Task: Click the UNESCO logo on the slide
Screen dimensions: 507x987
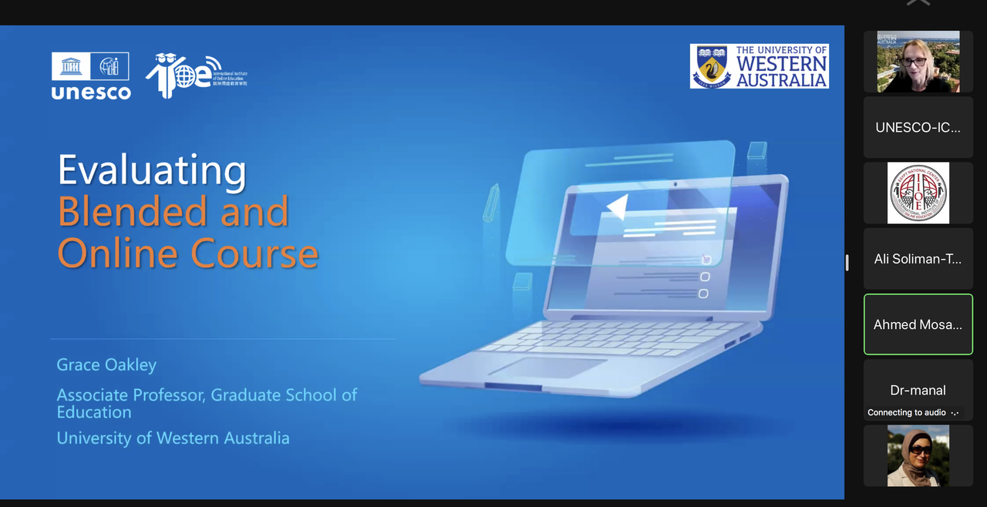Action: click(91, 76)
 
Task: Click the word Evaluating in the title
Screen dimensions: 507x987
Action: click(152, 170)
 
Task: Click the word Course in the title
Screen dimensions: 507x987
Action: click(254, 253)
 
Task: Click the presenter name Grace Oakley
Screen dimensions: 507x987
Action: click(106, 364)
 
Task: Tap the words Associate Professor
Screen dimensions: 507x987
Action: click(131, 395)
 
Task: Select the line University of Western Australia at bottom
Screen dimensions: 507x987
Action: click(173, 438)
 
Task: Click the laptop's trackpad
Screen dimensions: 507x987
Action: click(547, 368)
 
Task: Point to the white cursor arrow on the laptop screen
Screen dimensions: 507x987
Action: click(618, 206)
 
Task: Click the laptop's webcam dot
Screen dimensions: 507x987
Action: click(675, 184)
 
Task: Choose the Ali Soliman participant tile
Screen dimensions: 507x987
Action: click(918, 259)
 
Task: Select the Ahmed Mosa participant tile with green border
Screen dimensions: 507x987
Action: click(918, 324)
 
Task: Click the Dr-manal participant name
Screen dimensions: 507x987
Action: click(918, 390)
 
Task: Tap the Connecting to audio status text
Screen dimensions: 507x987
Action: click(906, 412)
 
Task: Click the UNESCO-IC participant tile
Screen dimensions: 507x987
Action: click(918, 127)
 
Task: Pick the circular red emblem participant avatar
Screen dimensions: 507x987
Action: click(918, 193)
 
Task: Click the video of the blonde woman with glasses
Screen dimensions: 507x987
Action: click(918, 62)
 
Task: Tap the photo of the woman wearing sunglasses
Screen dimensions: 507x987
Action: click(918, 455)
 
